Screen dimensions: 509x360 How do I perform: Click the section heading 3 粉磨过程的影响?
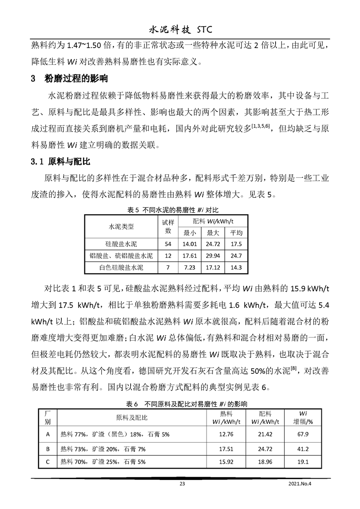pyautogui.click(x=69, y=79)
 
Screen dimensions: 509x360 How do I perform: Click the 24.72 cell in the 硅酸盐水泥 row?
pyautogui.click(x=213, y=244)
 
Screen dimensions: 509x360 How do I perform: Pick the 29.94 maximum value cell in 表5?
pyautogui.click(x=213, y=256)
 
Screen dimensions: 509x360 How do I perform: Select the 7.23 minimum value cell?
pyautogui.click(x=189, y=268)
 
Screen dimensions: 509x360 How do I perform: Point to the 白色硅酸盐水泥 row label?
pyautogui.click(x=121, y=268)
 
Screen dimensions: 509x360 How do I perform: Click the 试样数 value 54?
pyautogui.click(x=168, y=244)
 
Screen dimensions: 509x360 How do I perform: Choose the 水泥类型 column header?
pyautogui.click(x=121, y=226)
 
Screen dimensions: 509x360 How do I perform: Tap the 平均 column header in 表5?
pyautogui.click(x=237, y=233)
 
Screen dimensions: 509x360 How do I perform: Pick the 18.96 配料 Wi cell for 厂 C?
pyautogui.click(x=265, y=462)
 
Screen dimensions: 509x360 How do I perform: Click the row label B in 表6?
pyautogui.click(x=48, y=448)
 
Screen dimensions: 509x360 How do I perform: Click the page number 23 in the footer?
pyautogui.click(x=182, y=484)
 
